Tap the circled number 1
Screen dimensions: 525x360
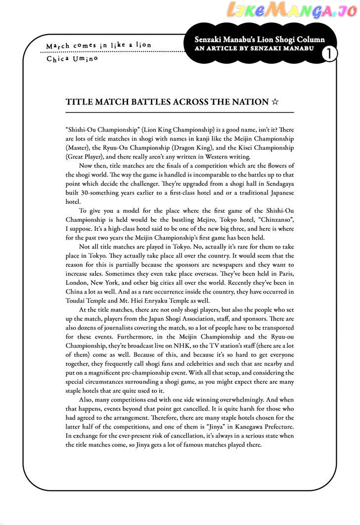(x=327, y=53)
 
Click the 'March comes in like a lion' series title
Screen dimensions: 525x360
(x=98, y=46)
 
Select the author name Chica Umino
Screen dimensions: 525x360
(x=73, y=59)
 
